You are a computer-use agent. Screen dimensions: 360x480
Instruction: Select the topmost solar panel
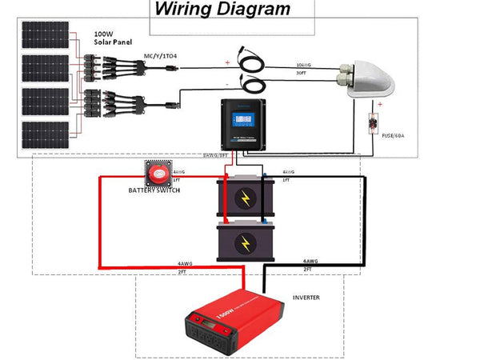pos(43,34)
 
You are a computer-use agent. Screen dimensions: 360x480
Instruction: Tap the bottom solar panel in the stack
pos(43,135)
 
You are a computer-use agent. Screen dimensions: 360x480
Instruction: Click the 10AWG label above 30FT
pos(303,64)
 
